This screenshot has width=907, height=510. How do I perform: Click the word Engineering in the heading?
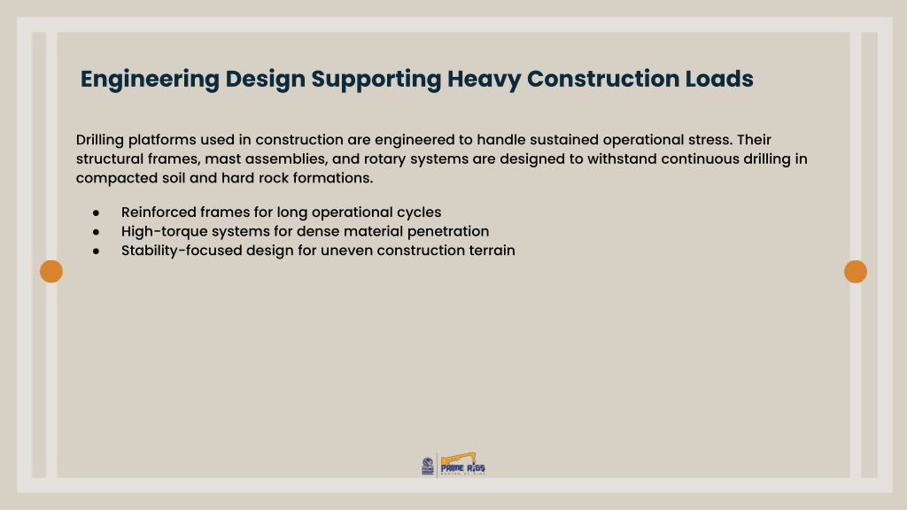(150, 80)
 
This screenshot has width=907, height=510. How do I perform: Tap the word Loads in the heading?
(719, 79)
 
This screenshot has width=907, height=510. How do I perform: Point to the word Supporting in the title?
(376, 80)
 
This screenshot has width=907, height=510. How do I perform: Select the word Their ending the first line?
(754, 140)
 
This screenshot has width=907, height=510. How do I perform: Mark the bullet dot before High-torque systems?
(96, 233)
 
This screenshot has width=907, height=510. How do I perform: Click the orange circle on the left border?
(51, 271)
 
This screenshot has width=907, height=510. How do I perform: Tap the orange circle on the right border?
(856, 271)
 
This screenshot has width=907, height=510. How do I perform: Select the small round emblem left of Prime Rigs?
(428, 466)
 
